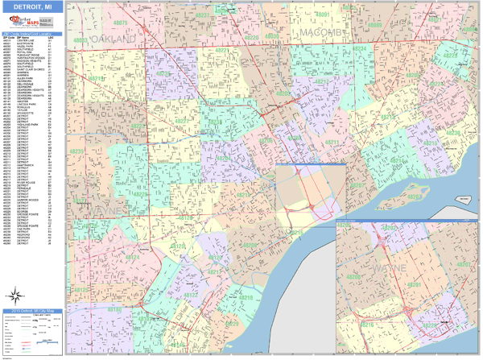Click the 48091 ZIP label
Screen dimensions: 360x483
coord(323,15)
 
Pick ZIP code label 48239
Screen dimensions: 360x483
coord(78,151)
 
